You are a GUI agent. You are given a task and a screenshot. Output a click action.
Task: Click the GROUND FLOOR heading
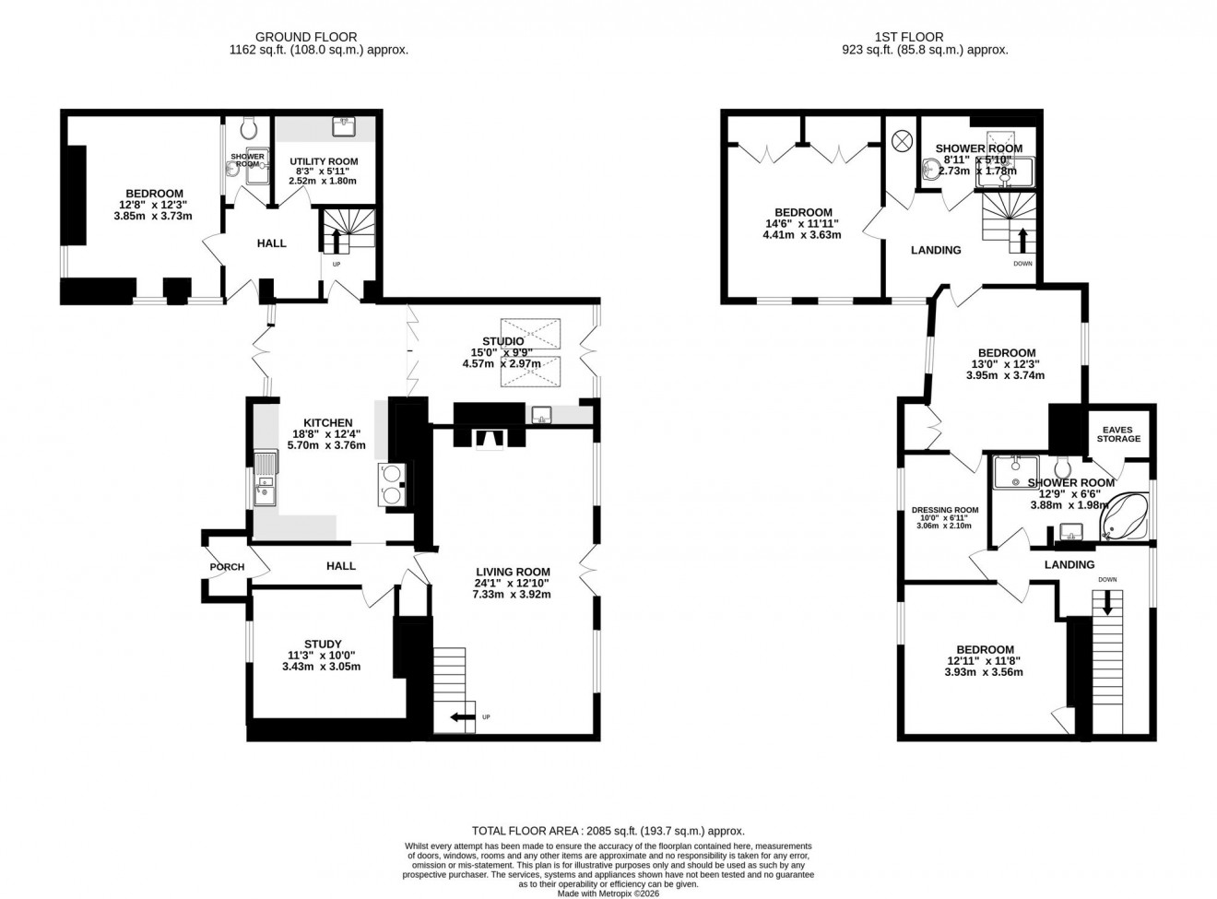pyautogui.click(x=318, y=38)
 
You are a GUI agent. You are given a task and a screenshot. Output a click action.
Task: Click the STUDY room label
pyautogui.click(x=323, y=645)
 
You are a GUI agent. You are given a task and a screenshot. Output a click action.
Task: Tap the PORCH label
pyautogui.click(x=227, y=567)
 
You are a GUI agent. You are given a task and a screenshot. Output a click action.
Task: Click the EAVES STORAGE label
pyautogui.click(x=1118, y=433)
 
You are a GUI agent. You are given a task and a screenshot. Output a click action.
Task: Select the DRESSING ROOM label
pyautogui.click(x=944, y=510)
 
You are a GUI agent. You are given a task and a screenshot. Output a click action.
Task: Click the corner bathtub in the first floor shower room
pyautogui.click(x=1124, y=518)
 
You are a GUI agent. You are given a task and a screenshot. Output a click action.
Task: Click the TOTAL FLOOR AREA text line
pyautogui.click(x=608, y=831)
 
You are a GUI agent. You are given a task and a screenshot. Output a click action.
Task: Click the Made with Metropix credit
pyautogui.click(x=608, y=893)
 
